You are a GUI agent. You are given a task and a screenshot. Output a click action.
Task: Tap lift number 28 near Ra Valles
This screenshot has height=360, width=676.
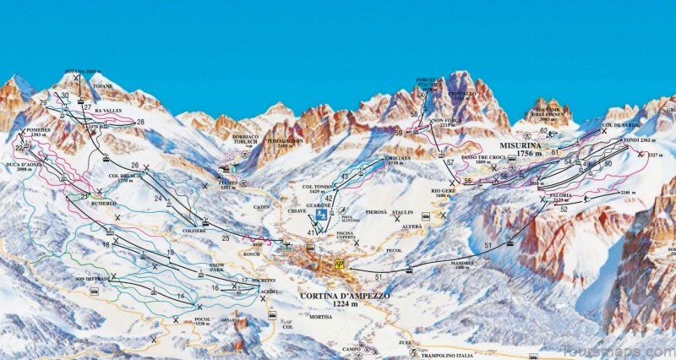point(140,123)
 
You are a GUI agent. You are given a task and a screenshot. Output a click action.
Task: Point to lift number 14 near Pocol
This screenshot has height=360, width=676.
point(180,296)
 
